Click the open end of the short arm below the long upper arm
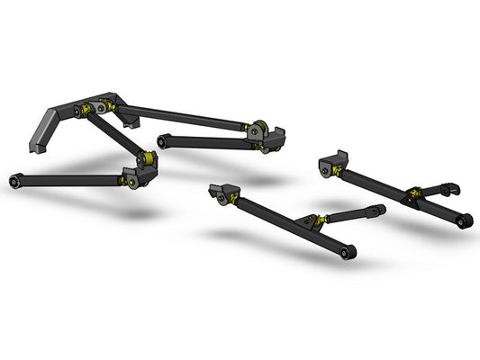tap(165, 139)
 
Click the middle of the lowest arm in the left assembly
tap(72, 180)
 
